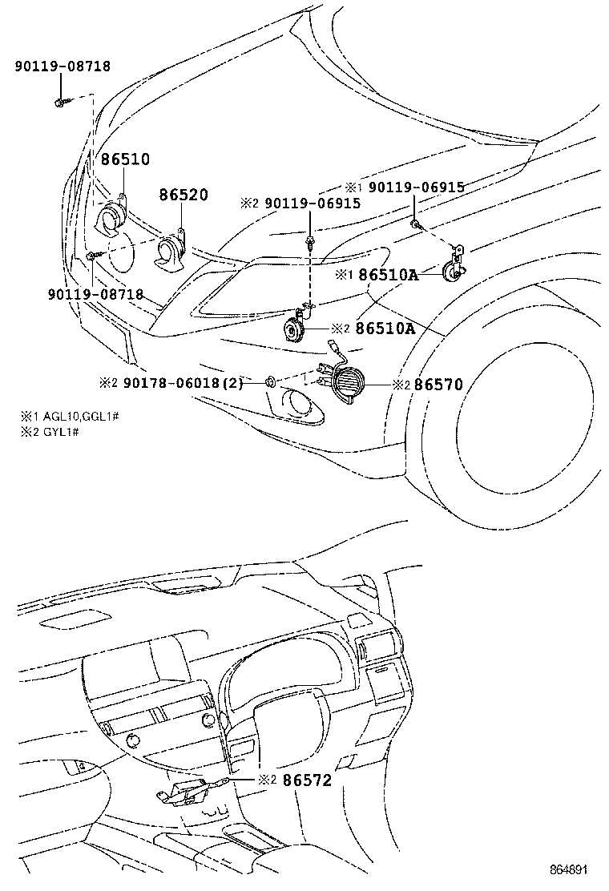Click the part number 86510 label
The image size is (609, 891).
(x=125, y=159)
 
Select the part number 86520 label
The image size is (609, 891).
(x=184, y=195)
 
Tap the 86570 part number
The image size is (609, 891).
(x=438, y=385)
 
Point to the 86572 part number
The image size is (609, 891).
(x=304, y=778)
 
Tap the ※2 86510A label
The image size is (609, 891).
(x=385, y=328)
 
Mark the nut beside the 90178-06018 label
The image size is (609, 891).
(x=272, y=381)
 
